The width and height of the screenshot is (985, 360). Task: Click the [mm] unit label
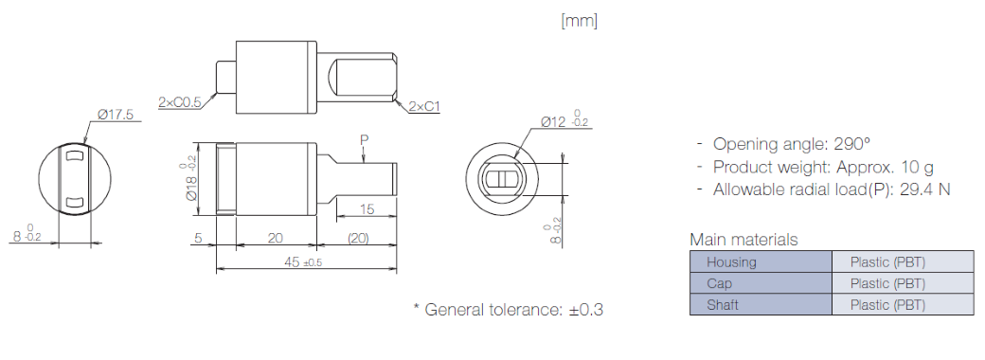tap(579, 20)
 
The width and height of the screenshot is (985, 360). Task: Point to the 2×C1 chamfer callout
tap(424, 107)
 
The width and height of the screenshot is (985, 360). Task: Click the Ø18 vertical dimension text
tap(191, 180)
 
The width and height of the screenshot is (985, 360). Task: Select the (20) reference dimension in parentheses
tap(358, 239)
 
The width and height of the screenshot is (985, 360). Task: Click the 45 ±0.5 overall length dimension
tap(302, 262)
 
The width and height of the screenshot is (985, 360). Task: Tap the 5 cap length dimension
tap(198, 239)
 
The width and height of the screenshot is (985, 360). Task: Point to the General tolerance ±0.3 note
tap(507, 309)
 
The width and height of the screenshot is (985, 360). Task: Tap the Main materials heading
tap(743, 240)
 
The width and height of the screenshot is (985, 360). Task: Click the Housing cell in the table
tap(731, 261)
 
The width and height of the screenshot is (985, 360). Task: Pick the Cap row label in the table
tap(719, 283)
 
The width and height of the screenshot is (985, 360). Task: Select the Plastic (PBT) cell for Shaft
tap(887, 305)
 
